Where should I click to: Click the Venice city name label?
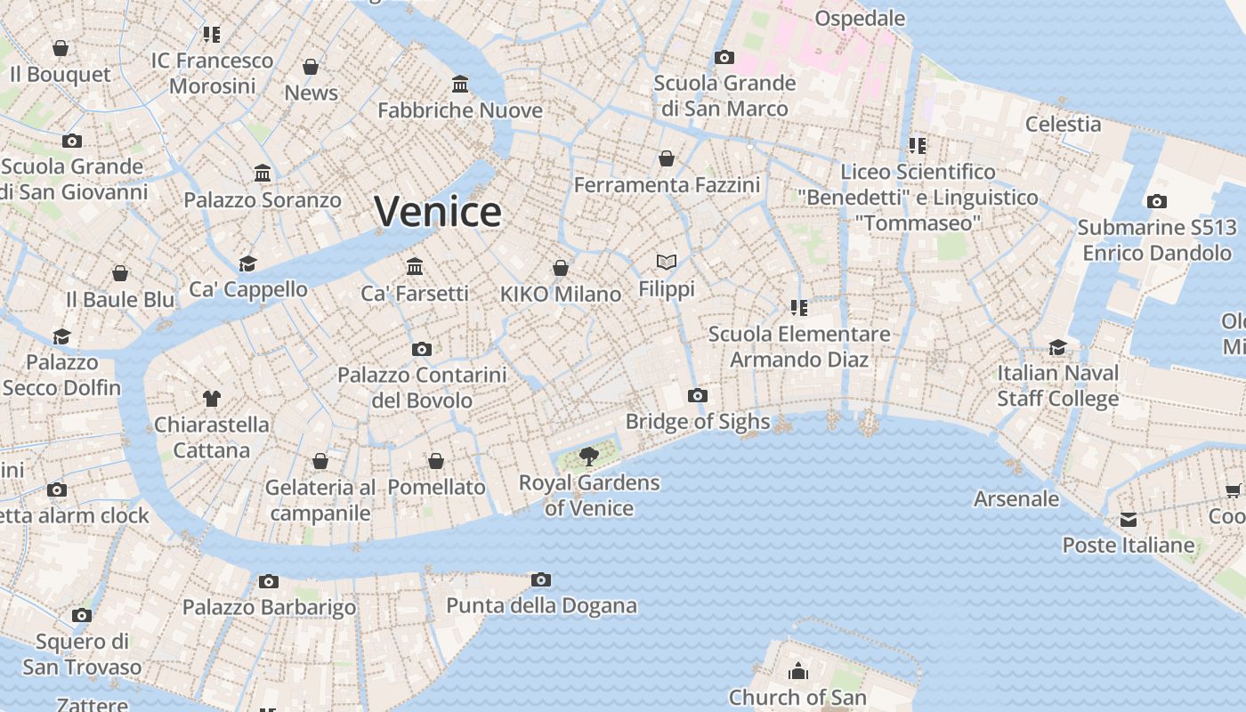(x=437, y=212)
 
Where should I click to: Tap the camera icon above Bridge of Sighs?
(x=698, y=395)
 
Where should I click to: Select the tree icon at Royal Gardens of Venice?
(x=588, y=457)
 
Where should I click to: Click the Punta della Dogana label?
(x=541, y=606)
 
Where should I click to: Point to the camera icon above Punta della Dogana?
(x=540, y=580)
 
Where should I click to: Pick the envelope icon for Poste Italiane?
(x=1129, y=520)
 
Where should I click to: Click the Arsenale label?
(x=1016, y=499)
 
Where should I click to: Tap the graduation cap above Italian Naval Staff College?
(x=1057, y=347)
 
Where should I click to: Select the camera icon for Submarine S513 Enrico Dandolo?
(x=1156, y=202)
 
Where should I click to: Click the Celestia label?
(x=1063, y=124)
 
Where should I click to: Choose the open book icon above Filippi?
(x=667, y=262)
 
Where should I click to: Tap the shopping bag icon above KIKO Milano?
(x=561, y=268)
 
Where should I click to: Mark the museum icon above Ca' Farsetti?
(x=415, y=266)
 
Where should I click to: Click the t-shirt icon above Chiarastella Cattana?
(x=211, y=398)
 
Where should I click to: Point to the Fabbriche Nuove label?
(x=460, y=110)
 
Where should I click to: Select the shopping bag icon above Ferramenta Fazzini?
(x=667, y=158)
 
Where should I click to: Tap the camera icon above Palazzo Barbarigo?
(x=269, y=582)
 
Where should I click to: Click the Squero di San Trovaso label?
(x=82, y=654)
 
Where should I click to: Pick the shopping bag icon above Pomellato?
(x=436, y=461)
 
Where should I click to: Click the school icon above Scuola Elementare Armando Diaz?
(x=798, y=308)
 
